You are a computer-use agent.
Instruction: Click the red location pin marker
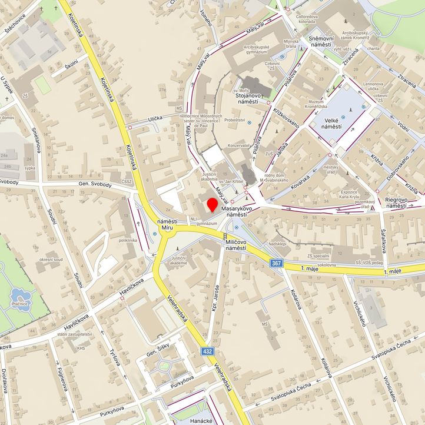[212, 206]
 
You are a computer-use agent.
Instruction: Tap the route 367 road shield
[277, 263]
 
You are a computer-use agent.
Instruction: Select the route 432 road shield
[208, 351]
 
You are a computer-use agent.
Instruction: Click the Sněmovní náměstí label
[321, 41]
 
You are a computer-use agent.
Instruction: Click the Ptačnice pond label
[20, 304]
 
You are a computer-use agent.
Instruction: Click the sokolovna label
[326, 265]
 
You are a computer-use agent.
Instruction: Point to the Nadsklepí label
[277, 243]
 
